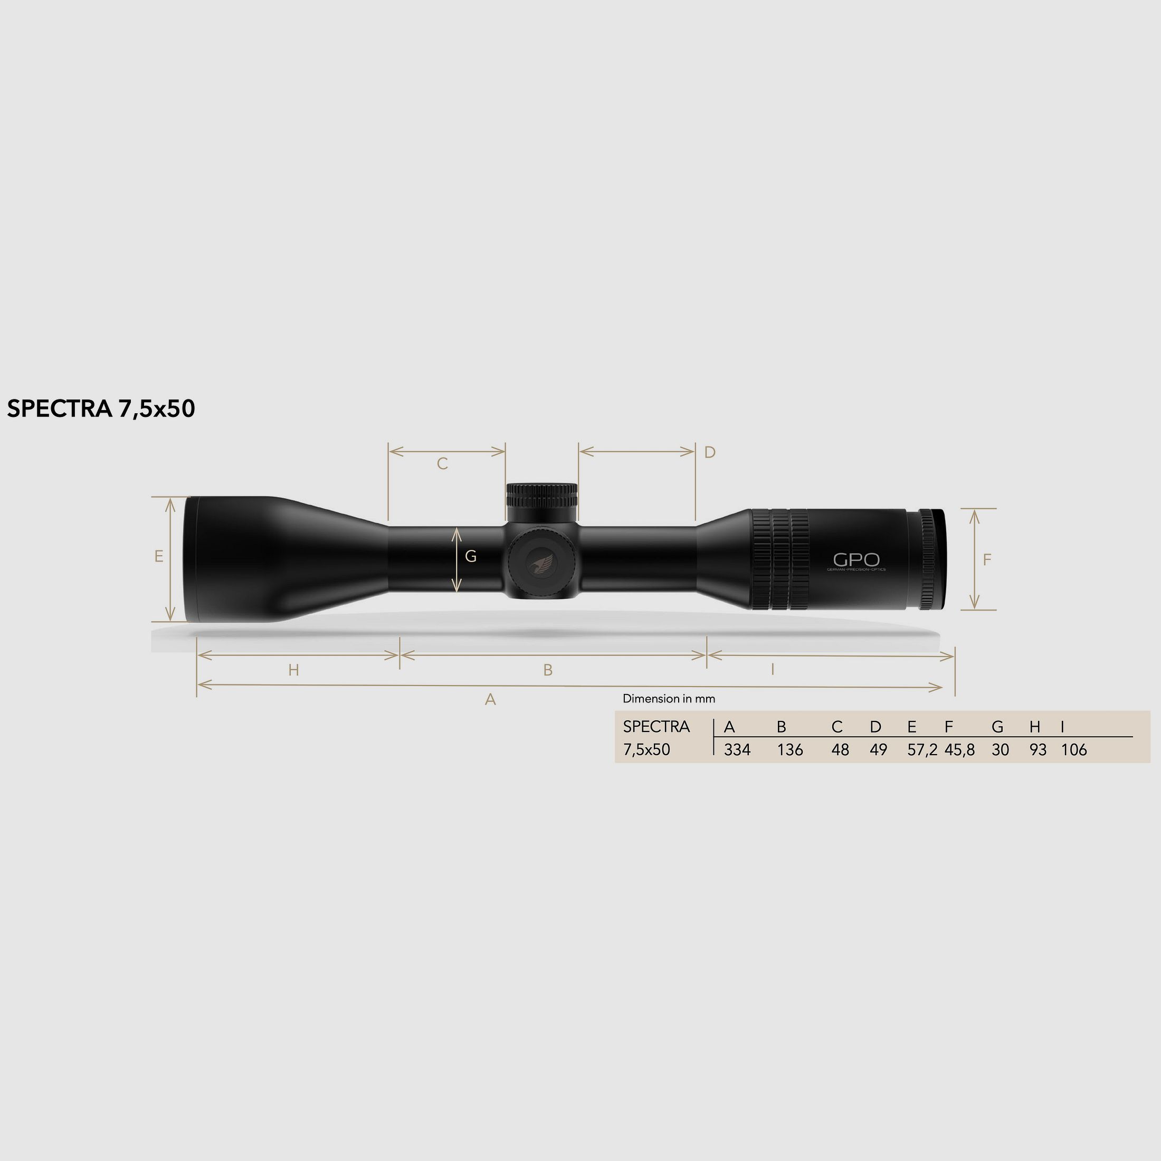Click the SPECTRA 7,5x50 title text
point(101,408)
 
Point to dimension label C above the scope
point(442,464)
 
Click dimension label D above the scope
point(710,452)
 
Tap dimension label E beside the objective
point(159,556)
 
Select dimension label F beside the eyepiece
point(987,560)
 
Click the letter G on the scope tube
point(471,557)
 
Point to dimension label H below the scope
point(293,670)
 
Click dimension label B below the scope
point(547,670)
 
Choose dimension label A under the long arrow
point(490,699)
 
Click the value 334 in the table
point(737,750)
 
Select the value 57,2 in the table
point(922,750)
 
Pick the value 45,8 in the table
point(960,750)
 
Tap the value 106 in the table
point(1074,750)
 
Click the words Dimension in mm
point(669,699)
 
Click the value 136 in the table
point(789,750)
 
